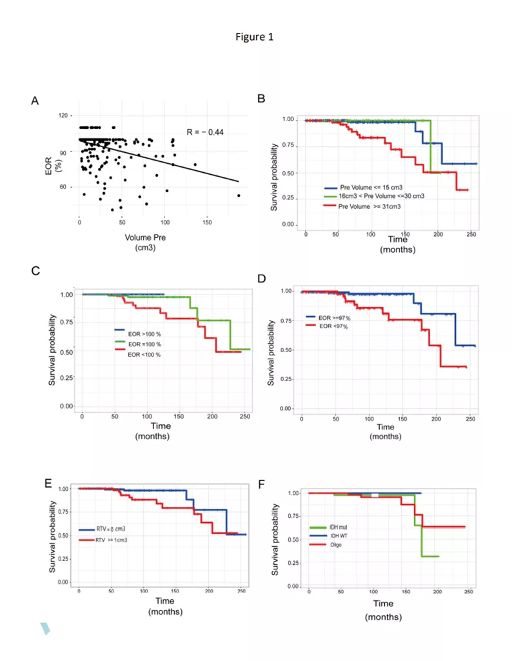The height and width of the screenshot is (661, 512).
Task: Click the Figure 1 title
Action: click(255, 37)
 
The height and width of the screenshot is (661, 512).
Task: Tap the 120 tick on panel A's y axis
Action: click(63, 116)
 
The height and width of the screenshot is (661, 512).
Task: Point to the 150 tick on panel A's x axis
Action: click(207, 222)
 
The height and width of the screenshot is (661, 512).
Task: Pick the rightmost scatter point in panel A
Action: click(239, 195)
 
